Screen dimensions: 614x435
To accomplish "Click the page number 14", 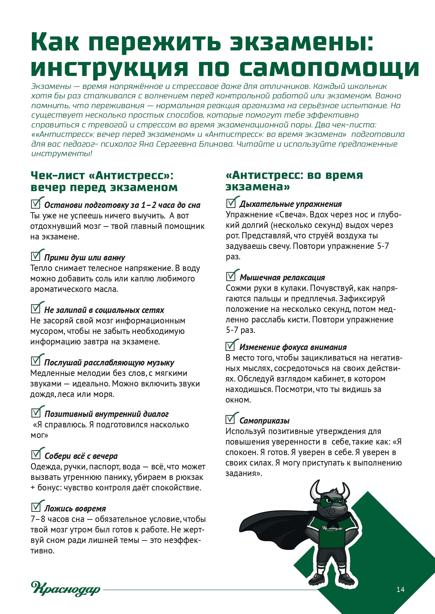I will (400, 589).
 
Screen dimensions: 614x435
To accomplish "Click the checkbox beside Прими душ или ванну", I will (36, 256).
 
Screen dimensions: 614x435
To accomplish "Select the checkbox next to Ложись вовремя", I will (36, 507).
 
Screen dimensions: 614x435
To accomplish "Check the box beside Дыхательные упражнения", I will (231, 202).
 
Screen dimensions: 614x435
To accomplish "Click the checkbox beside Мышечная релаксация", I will (231, 276).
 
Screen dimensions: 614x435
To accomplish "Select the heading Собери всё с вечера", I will (81, 456).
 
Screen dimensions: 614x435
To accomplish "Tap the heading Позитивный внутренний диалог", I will (106, 414).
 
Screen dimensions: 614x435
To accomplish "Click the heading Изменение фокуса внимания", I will (293, 347).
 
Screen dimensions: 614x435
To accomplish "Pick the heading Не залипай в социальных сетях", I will (104, 310).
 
